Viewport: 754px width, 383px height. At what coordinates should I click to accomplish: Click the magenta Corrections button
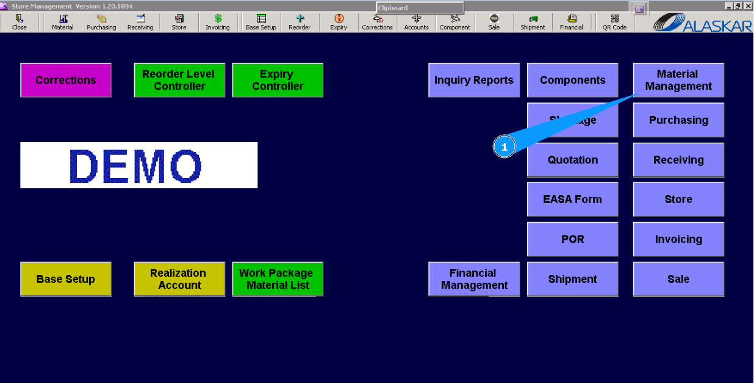pos(66,80)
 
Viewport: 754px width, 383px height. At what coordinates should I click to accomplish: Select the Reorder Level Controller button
pos(179,80)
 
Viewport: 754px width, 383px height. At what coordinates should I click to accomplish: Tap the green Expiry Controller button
pos(278,80)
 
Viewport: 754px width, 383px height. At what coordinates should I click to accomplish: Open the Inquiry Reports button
pos(474,80)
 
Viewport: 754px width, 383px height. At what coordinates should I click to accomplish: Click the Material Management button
pos(678,80)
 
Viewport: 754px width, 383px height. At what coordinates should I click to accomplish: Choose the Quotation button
pos(572,160)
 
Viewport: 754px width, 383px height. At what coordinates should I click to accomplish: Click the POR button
pos(572,239)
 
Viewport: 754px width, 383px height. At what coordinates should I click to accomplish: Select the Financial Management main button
pos(474,279)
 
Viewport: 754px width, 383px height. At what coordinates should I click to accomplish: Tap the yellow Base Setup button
pos(66,279)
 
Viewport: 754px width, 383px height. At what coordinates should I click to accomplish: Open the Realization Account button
pos(179,279)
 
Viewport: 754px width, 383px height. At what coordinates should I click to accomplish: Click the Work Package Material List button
pos(278,279)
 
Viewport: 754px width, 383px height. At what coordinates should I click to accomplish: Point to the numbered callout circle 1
pos(504,147)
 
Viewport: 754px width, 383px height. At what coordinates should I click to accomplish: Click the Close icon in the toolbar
pos(20,22)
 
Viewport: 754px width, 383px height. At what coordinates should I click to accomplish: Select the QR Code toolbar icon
pos(615,22)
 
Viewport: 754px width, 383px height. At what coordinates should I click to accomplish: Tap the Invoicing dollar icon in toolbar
pos(218,22)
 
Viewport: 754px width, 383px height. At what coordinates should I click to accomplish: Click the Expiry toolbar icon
pos(339,22)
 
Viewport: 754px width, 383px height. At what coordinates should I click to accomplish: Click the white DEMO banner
pos(139,165)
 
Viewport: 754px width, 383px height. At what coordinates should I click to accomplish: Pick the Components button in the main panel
pos(572,80)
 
